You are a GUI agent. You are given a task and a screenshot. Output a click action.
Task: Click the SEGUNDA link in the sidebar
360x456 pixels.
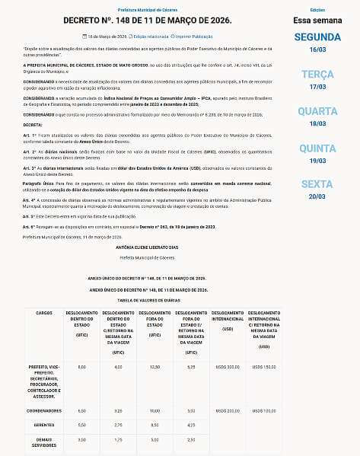[317, 37]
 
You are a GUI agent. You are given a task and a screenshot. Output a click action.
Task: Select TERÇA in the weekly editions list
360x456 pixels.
[317, 74]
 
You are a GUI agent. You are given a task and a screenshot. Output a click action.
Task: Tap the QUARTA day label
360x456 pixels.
[317, 111]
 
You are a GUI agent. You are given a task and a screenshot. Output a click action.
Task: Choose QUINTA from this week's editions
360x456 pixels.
[317, 148]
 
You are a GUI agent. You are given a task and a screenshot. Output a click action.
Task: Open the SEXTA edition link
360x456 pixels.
[317, 184]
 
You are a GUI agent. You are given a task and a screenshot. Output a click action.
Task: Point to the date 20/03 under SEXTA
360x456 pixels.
[317, 196]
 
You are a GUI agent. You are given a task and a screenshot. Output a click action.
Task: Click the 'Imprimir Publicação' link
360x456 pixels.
[193, 35]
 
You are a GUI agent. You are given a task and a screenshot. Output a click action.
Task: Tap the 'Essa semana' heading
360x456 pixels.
[317, 19]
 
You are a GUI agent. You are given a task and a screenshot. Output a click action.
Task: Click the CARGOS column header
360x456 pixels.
[44, 313]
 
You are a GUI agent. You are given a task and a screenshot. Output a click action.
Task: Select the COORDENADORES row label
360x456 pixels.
[44, 410]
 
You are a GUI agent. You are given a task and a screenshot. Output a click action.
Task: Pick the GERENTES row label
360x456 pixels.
[44, 425]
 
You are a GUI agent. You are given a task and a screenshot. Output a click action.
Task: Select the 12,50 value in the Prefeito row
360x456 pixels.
[155, 367]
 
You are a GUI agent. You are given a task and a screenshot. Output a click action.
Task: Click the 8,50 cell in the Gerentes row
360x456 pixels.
[155, 425]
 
